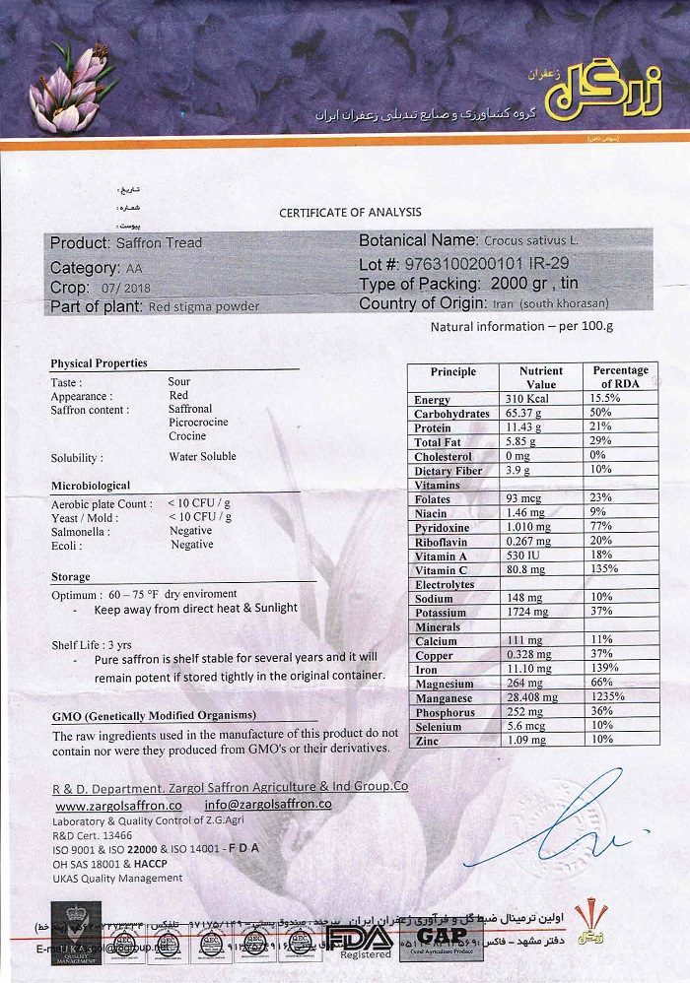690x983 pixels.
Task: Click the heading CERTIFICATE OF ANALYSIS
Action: pyautogui.click(x=350, y=212)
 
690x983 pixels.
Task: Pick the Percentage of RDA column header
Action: pyautogui.click(x=620, y=377)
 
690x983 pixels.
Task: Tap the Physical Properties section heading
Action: pyautogui.click(x=99, y=362)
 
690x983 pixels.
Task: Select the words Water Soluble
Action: pyautogui.click(x=202, y=457)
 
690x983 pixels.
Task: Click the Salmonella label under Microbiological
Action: pyautogui.click(x=80, y=531)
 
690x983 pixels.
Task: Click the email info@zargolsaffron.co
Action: pyautogui.click(x=268, y=805)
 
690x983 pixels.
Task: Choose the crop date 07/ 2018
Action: pyautogui.click(x=126, y=288)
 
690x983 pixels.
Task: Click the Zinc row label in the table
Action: pyautogui.click(x=427, y=740)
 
